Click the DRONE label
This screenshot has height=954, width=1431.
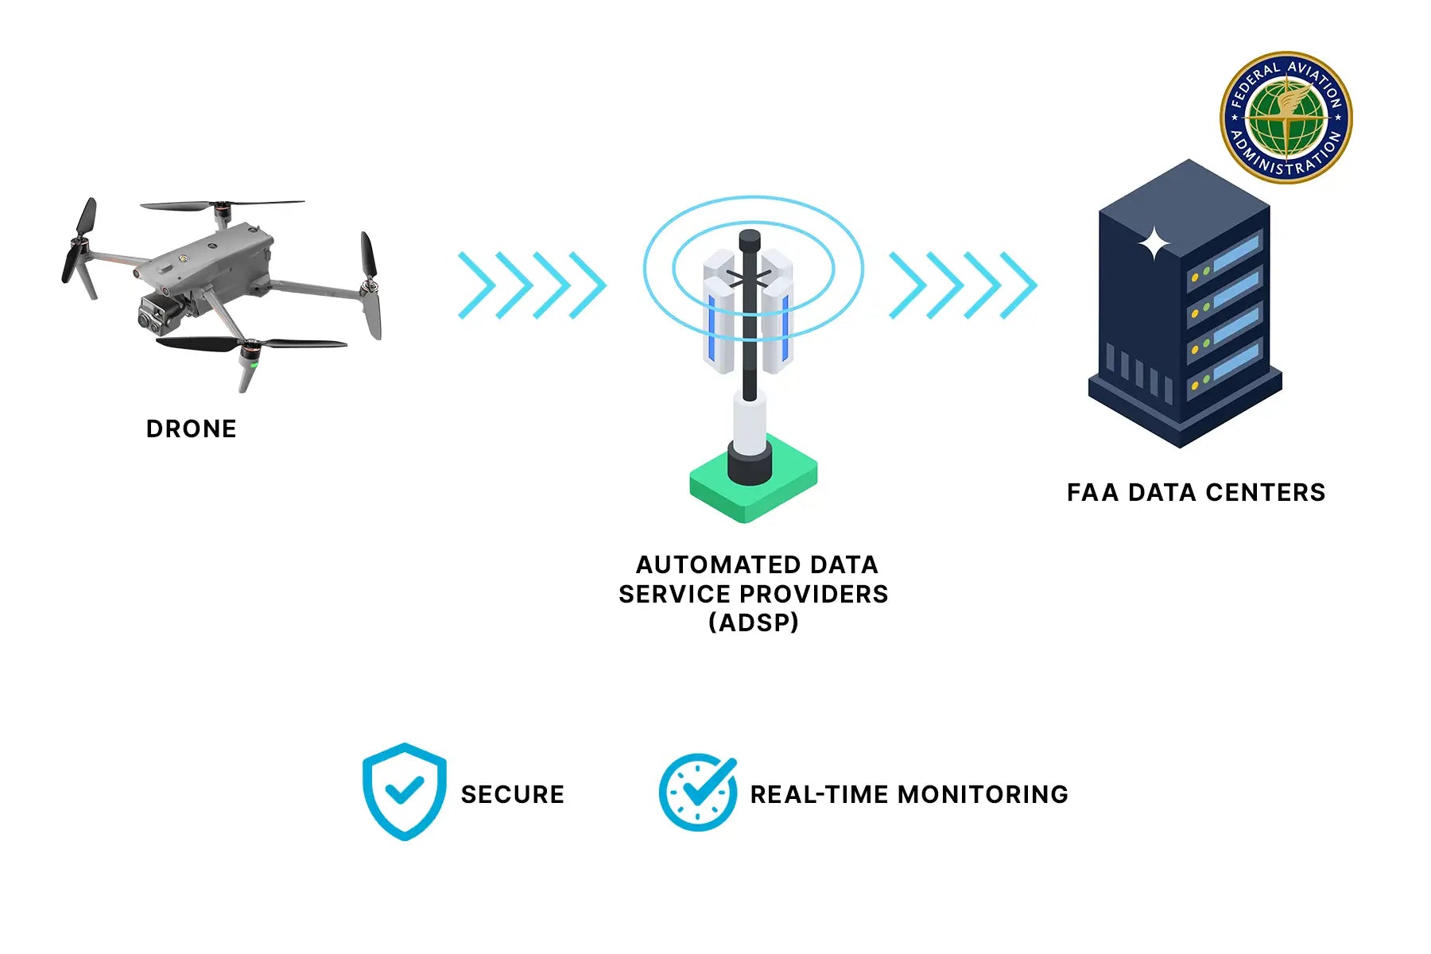191,429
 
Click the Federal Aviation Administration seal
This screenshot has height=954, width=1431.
1286,118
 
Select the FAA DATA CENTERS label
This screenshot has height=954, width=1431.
1196,492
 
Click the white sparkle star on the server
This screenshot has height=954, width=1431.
1154,244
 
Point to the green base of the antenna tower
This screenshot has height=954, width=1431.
753,488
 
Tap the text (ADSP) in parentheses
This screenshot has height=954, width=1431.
754,622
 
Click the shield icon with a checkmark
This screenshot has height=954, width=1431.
404,791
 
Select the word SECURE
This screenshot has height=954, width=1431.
513,794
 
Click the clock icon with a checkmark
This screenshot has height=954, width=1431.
697,792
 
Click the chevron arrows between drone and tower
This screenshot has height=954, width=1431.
532,285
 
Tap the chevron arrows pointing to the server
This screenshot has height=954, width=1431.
963,285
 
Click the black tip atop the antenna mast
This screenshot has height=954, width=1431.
750,239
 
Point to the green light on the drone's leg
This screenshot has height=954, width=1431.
254,366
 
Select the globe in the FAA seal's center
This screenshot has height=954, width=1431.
1286,118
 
